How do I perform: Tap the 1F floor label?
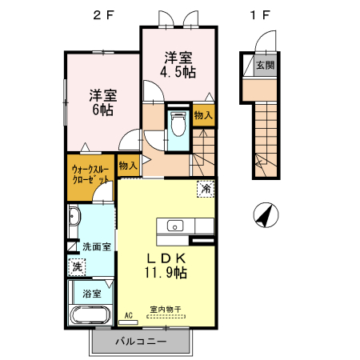click(x=256, y=14)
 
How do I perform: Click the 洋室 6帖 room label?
click(x=102, y=102)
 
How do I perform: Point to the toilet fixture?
click(x=178, y=123)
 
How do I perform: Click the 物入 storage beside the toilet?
click(x=203, y=116)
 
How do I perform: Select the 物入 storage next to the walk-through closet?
click(x=127, y=165)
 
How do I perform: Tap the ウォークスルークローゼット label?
click(x=90, y=175)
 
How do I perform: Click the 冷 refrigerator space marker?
click(x=206, y=190)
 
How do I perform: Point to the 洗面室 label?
click(x=96, y=247)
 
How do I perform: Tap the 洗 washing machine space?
click(x=78, y=265)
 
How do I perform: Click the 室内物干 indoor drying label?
click(x=166, y=310)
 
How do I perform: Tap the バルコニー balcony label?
click(x=140, y=342)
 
